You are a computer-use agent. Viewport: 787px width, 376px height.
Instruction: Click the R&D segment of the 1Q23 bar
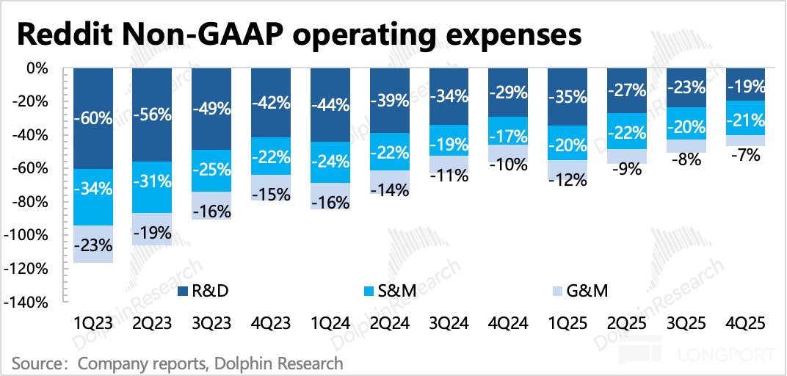93,117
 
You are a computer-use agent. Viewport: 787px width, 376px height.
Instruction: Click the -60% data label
93,117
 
